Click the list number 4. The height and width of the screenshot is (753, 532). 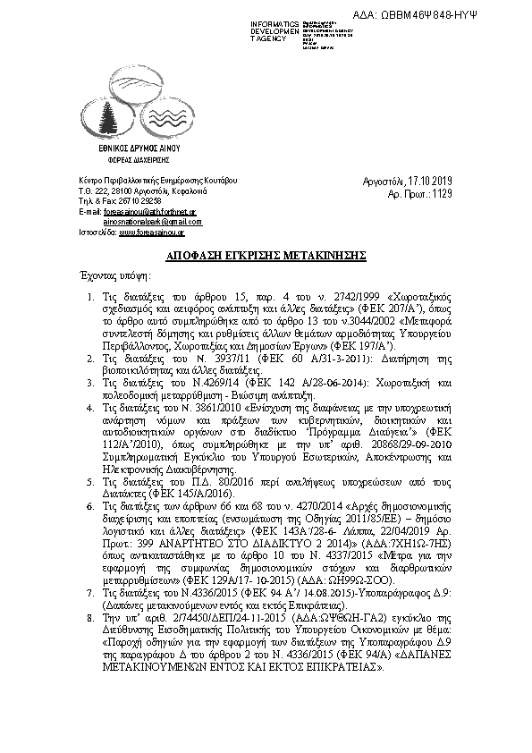point(89,406)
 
